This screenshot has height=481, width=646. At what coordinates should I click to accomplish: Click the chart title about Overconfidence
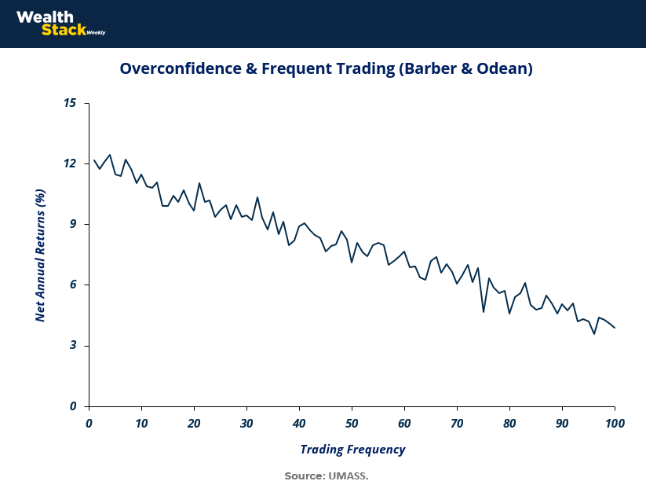(x=326, y=69)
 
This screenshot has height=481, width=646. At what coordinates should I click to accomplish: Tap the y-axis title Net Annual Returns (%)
(x=41, y=254)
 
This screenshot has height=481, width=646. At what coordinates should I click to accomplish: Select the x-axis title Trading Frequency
(x=352, y=450)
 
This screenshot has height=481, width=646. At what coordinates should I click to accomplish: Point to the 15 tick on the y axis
(x=71, y=103)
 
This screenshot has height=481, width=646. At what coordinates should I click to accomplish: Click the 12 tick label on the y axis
(x=71, y=163)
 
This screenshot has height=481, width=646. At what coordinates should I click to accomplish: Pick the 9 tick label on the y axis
(x=74, y=224)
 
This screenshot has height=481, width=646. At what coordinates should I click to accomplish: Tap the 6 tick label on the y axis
(x=74, y=285)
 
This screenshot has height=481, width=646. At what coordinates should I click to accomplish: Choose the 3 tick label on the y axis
(x=74, y=346)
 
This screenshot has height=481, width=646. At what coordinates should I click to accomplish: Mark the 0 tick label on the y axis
(x=74, y=406)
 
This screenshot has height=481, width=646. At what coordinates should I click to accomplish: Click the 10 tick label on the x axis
(x=141, y=424)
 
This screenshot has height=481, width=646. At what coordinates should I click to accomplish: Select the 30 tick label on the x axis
(x=246, y=424)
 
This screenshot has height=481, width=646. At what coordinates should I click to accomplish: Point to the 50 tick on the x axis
(x=352, y=424)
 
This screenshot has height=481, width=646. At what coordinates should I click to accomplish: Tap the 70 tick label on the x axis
(x=457, y=424)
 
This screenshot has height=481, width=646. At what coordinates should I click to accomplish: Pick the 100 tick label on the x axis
(x=615, y=424)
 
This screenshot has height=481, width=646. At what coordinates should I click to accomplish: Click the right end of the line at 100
(x=615, y=328)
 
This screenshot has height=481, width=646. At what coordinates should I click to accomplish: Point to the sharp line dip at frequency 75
(x=484, y=312)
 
